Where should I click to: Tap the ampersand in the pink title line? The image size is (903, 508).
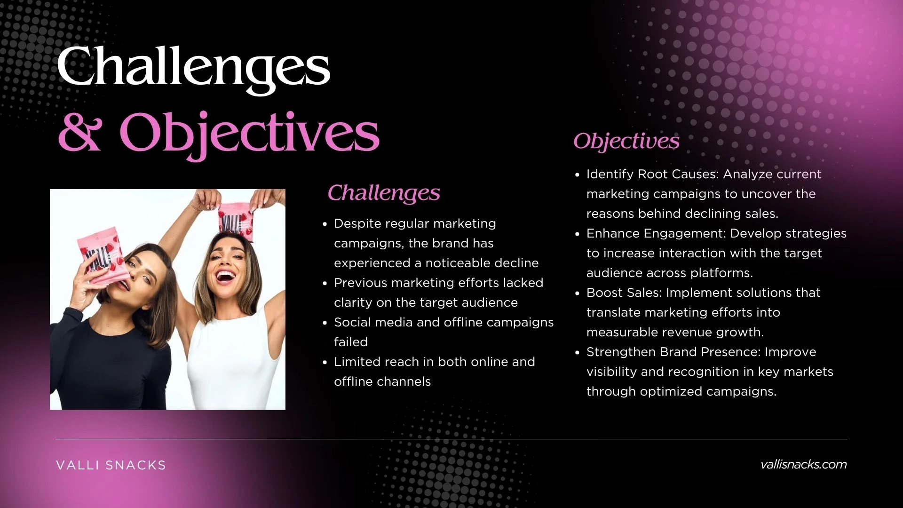(79, 133)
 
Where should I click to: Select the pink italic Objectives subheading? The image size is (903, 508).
(626, 141)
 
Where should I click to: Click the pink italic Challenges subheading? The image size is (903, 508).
(384, 193)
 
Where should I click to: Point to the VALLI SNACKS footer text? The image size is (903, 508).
(111, 465)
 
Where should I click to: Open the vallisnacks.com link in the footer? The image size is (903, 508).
(803, 464)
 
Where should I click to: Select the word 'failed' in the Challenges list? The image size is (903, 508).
(351, 342)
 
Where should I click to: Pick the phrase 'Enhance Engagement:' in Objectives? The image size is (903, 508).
(656, 234)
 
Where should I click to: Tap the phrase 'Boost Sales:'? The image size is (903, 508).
(624, 293)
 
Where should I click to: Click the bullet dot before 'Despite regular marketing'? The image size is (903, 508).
(325, 224)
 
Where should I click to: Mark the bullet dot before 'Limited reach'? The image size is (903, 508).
(325, 363)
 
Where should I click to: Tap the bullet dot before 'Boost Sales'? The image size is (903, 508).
(578, 294)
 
